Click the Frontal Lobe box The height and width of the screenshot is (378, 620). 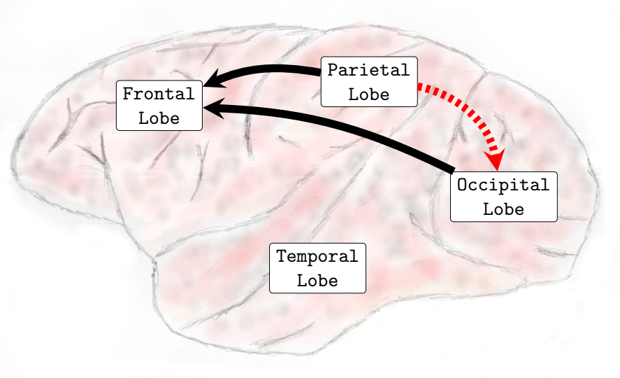159,105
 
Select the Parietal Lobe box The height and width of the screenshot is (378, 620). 368,81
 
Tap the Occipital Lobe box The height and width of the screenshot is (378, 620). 503,197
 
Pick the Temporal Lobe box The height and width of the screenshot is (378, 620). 317,269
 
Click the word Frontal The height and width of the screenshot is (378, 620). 159,94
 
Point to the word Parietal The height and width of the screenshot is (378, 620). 368,70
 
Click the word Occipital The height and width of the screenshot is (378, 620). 503,185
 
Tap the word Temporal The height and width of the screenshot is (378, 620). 317,257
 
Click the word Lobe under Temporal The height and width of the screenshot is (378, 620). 317,281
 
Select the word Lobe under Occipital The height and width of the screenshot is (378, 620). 503,209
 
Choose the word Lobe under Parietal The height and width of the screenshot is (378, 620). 368,94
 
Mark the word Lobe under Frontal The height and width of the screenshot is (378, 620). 159,118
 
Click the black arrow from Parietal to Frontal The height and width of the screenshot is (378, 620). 273,69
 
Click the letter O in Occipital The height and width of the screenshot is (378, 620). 462,185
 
